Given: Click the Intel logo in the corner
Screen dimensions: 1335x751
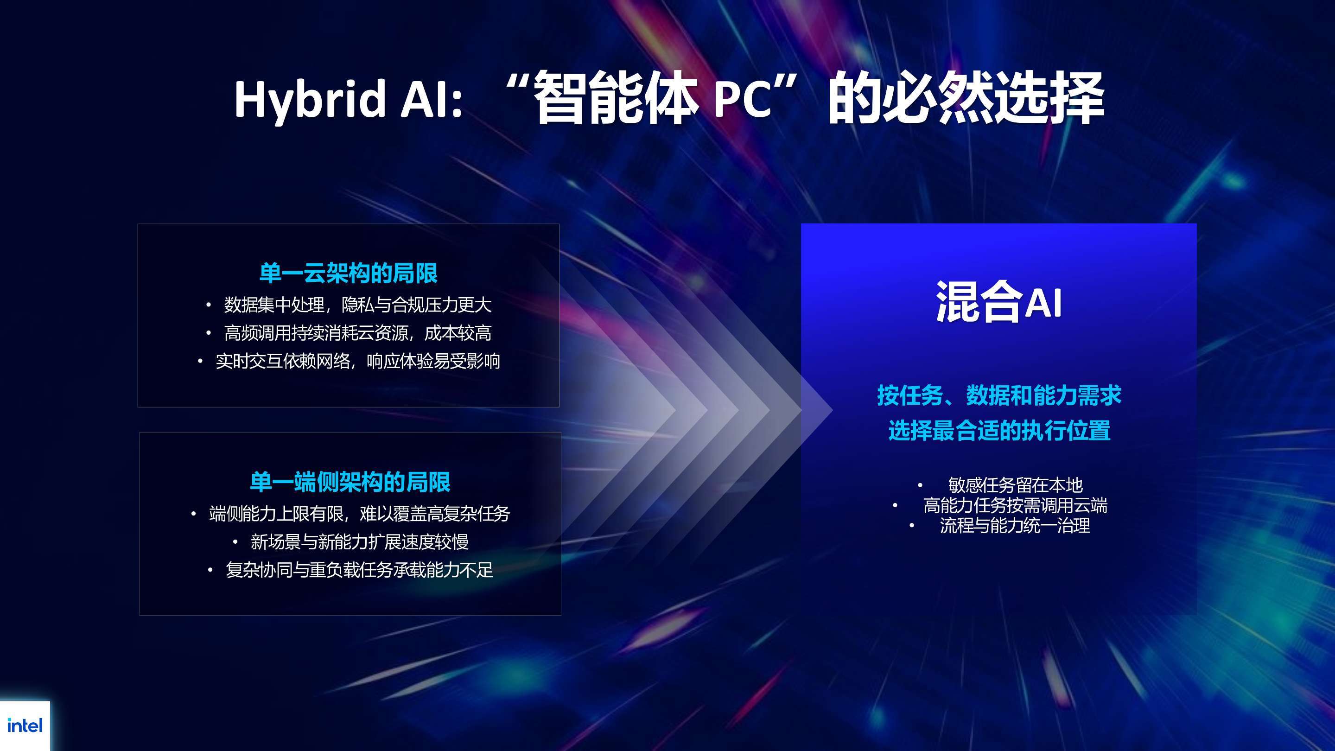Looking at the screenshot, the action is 25,726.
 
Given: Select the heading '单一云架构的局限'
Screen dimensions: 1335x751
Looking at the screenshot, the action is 348,273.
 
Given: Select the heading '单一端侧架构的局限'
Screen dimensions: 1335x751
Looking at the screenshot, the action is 350,482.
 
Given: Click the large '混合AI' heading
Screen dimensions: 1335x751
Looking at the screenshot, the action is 998,302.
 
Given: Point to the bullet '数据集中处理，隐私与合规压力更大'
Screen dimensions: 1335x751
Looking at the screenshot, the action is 357,305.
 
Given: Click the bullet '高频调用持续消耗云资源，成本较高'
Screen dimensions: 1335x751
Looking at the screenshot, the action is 357,333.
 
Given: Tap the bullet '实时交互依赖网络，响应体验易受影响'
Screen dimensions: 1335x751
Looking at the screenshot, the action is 357,361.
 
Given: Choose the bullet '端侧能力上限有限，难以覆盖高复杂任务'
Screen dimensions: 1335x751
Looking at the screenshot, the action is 359,514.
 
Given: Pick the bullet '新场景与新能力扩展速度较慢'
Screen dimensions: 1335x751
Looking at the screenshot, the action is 359,541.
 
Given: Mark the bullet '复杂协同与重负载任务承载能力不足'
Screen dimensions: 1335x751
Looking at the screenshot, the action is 359,570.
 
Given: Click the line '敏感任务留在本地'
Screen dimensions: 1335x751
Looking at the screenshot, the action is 1015,485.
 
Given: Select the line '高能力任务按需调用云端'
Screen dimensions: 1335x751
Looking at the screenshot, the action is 1015,505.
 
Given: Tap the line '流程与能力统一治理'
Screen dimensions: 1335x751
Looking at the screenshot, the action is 1015,526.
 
